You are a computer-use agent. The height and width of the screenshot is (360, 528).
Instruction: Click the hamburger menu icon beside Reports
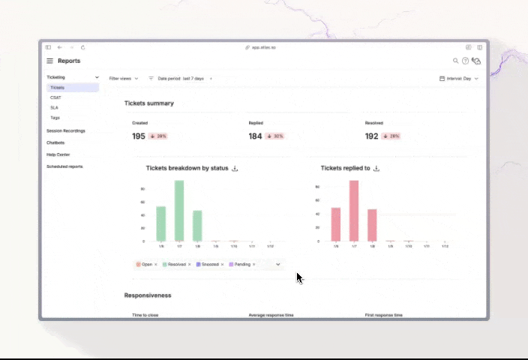[x=50, y=61]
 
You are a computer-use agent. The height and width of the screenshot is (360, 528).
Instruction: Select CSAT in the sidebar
[x=55, y=97]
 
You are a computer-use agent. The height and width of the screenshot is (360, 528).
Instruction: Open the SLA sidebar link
[x=54, y=108]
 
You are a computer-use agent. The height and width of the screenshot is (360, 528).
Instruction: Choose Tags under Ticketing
[x=55, y=118]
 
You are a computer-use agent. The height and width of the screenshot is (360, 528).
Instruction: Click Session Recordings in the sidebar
[x=66, y=130]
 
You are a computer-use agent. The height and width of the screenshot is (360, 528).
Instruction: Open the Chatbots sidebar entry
[x=55, y=142]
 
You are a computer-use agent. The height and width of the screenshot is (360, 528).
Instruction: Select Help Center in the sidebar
[x=58, y=154]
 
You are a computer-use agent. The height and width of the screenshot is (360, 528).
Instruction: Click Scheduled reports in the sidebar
[x=64, y=166]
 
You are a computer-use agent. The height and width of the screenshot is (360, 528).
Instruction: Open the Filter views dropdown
[x=124, y=78]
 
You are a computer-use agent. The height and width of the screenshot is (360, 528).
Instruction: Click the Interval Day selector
[x=458, y=78]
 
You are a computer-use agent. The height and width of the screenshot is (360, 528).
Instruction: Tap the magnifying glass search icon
[x=455, y=61]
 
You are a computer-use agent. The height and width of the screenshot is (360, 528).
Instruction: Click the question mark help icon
[x=465, y=61]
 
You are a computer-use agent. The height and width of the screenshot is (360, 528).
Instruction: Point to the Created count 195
[x=139, y=136]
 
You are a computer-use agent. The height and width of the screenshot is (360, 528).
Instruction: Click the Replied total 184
[x=255, y=136]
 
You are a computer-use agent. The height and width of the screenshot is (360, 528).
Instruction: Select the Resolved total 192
[x=371, y=136]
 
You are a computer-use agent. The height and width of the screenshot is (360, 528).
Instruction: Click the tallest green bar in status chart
[x=179, y=211]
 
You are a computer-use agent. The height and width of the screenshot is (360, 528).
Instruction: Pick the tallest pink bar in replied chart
[x=354, y=211]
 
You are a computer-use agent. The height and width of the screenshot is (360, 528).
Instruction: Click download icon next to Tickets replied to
[x=376, y=169]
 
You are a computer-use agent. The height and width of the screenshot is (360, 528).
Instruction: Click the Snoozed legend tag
[x=210, y=264]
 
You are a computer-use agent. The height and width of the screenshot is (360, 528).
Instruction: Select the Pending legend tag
[x=242, y=264]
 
